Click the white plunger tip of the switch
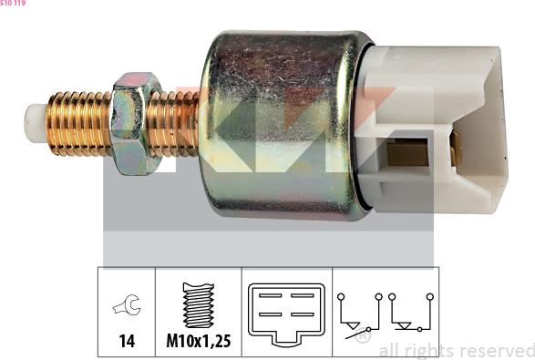point(36,123)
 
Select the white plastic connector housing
point(433,129)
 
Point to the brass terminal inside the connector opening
point(407,155)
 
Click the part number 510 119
point(13,3)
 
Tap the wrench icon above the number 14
point(127,304)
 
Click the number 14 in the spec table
point(127,341)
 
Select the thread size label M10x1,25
point(199,341)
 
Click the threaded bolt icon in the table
point(199,304)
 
